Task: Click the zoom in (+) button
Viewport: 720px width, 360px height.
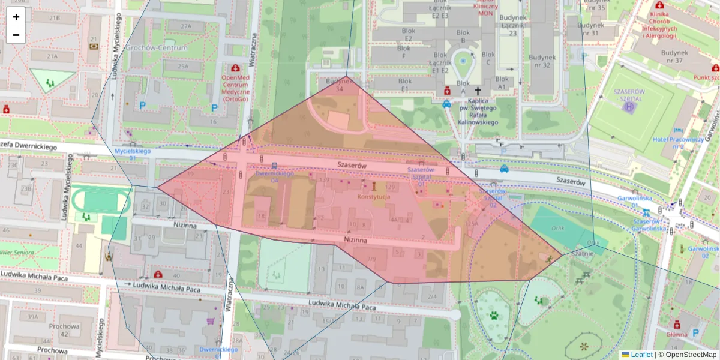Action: [16, 17]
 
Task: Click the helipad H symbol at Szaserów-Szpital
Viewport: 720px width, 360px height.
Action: [629, 107]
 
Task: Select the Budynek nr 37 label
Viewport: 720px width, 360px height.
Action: [680, 56]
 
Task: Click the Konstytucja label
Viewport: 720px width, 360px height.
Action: [374, 197]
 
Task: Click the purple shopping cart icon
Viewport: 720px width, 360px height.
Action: [211, 321]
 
